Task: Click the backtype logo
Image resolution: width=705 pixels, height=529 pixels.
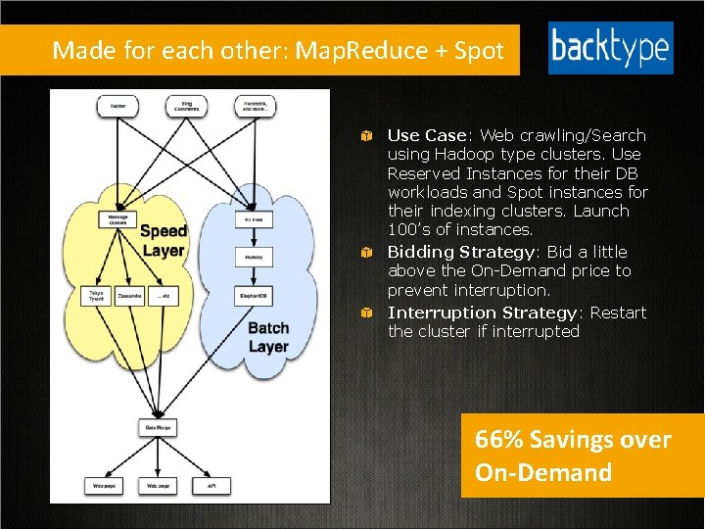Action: [610, 48]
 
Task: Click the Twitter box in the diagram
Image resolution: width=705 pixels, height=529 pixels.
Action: [117, 105]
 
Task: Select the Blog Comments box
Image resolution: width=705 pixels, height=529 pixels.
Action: [186, 105]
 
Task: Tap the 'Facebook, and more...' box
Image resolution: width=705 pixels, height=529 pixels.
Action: [255, 105]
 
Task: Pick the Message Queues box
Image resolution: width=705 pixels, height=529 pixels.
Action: [117, 220]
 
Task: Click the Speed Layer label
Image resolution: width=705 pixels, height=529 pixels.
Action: [163, 240]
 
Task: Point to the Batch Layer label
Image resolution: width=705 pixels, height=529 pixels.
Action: [267, 337]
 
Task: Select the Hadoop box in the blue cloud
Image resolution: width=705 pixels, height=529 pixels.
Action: [253, 257]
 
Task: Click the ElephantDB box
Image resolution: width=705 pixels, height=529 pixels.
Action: [253, 295]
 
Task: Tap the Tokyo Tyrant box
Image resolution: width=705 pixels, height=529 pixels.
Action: [96, 295]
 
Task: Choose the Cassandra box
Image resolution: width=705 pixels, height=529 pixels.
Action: [130, 295]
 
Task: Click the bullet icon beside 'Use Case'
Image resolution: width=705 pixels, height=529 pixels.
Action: [364, 135]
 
